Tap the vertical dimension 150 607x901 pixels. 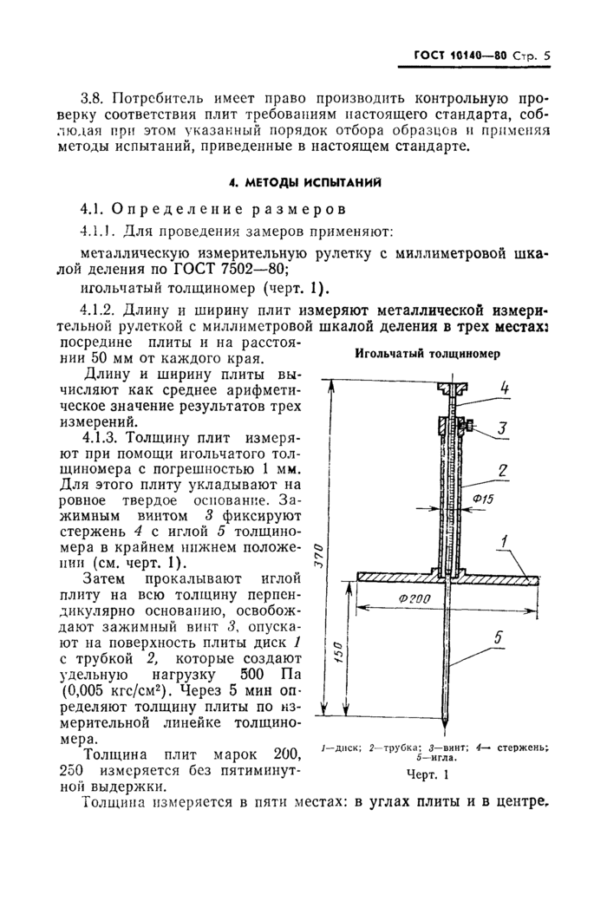341,653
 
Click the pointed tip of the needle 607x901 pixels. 447,726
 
